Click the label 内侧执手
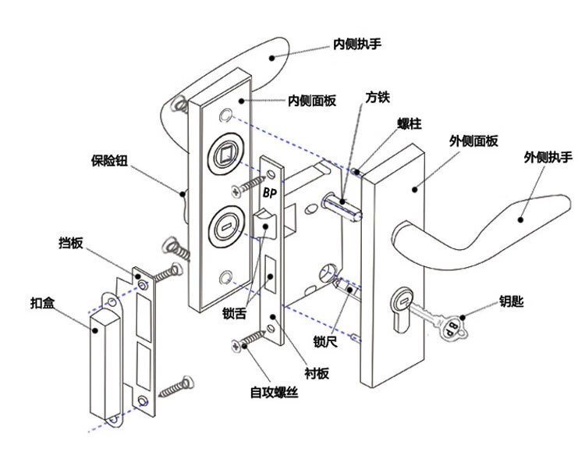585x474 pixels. point(357,44)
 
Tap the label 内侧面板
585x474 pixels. point(312,101)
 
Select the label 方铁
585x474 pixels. point(378,98)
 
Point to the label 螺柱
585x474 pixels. point(409,123)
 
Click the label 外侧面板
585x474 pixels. point(473,141)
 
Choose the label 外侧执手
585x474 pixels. point(548,157)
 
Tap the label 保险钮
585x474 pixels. point(109,161)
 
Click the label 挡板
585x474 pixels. point(70,243)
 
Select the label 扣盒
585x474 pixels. point(42,302)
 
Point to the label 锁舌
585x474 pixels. point(234,313)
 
